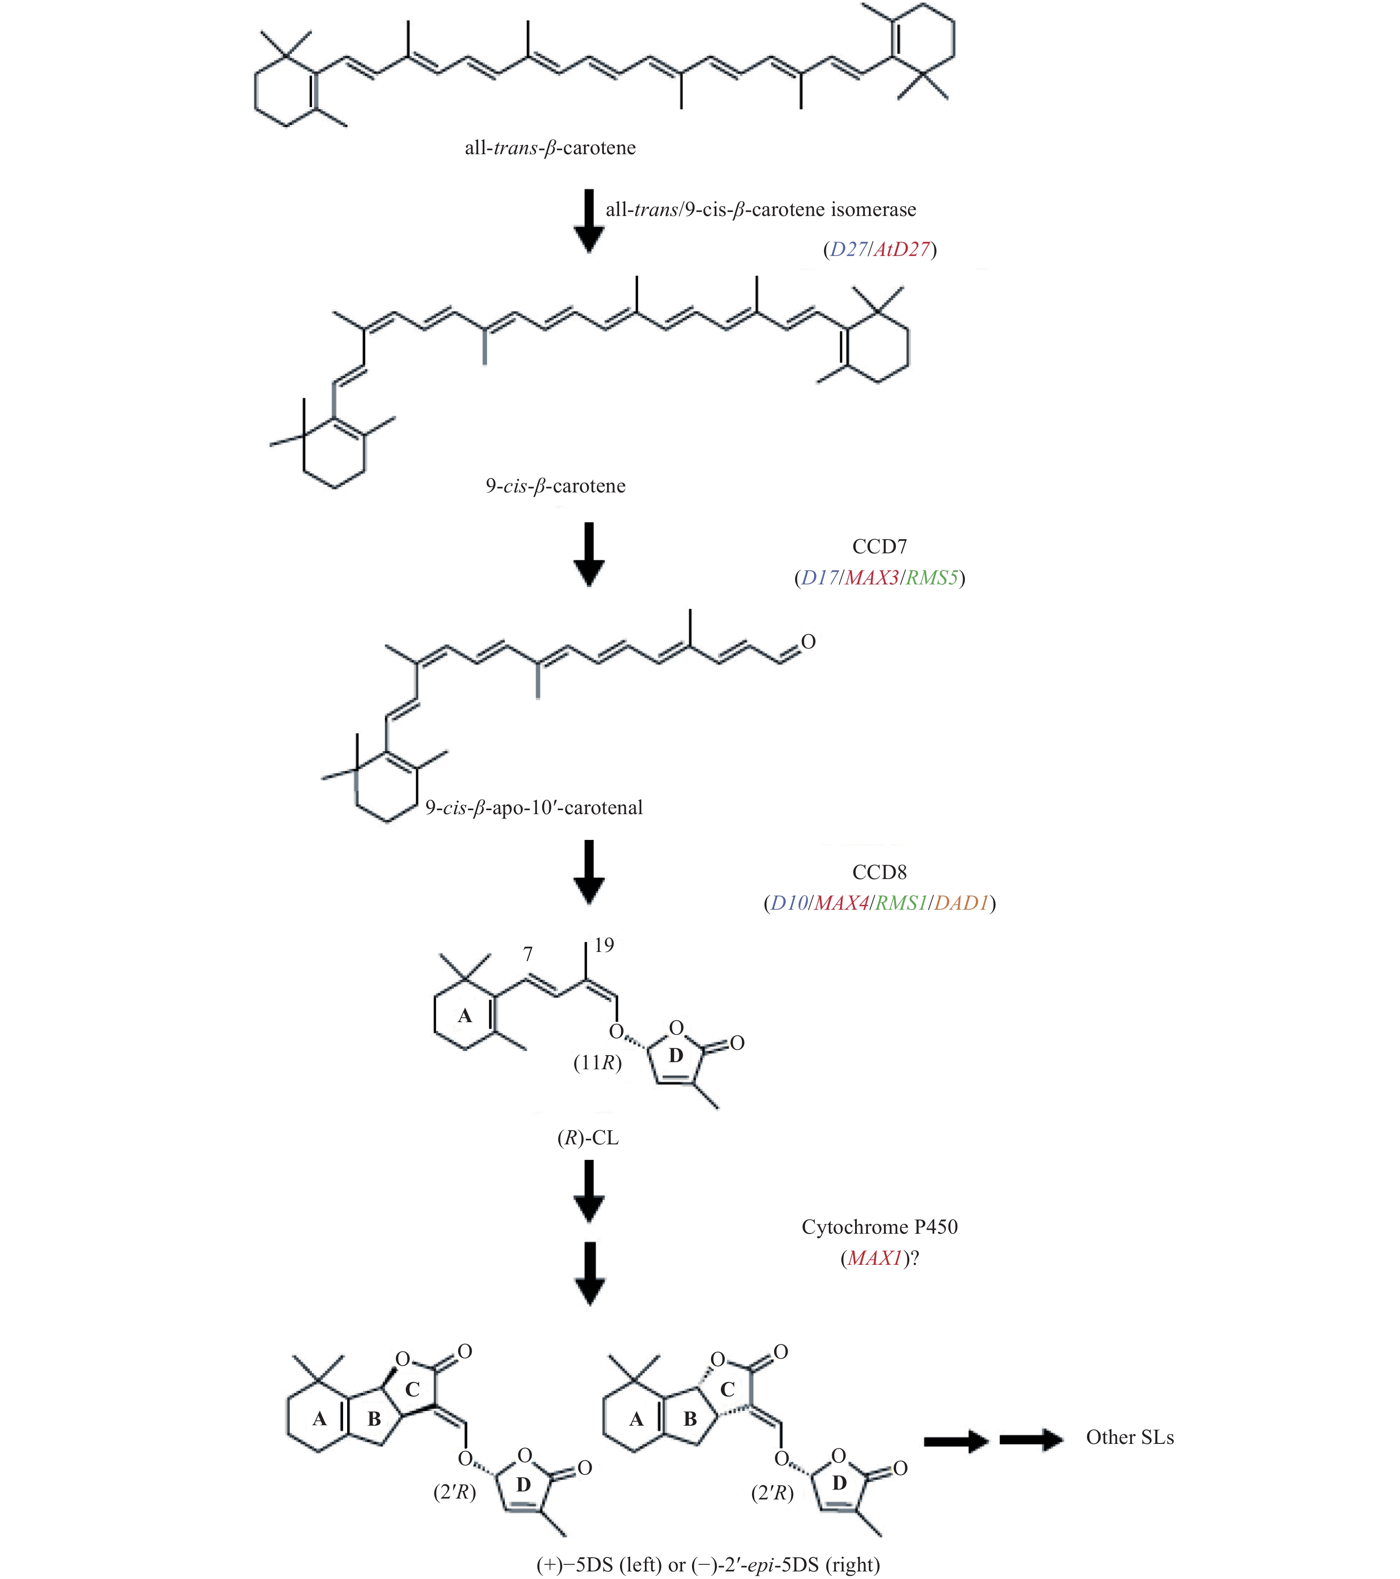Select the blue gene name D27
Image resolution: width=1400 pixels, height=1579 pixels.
(x=848, y=249)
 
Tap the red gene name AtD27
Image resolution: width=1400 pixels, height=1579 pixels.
(x=902, y=249)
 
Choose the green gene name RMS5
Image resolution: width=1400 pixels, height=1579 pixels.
(x=932, y=578)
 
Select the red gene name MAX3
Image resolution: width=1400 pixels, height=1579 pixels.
(x=872, y=578)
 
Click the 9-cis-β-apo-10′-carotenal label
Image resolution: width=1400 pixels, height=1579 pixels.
(x=534, y=808)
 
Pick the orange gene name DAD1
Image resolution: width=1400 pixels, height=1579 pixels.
(x=961, y=903)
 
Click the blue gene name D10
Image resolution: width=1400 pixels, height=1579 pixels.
(x=789, y=903)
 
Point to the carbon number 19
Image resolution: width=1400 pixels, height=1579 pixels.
(x=604, y=945)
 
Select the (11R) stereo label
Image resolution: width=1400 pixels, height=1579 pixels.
(x=597, y=1063)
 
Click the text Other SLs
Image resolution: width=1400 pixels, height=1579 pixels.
(x=1130, y=1437)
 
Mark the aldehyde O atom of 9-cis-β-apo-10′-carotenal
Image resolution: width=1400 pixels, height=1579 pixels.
(x=808, y=642)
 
